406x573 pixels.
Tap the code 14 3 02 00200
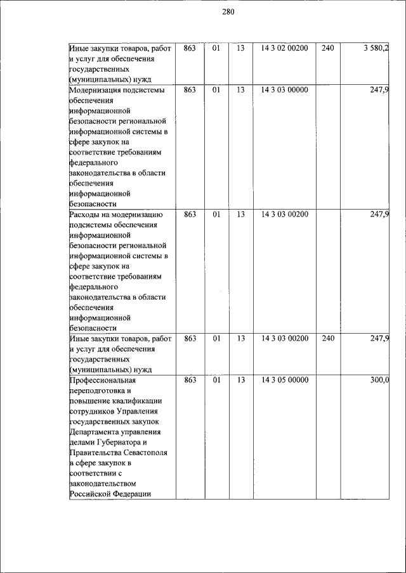click(284, 48)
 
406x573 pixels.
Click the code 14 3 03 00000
click(284, 90)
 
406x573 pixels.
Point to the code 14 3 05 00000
click(284, 381)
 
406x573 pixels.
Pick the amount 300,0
click(379, 381)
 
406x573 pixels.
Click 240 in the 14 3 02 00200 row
click(327, 48)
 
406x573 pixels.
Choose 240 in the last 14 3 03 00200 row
click(327, 339)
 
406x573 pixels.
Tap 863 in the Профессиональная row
click(190, 381)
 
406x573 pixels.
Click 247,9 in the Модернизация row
click(379, 90)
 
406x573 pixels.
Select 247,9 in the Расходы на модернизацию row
click(379, 215)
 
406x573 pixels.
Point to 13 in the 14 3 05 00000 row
click(240, 381)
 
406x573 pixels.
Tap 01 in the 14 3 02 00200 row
click(216, 48)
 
